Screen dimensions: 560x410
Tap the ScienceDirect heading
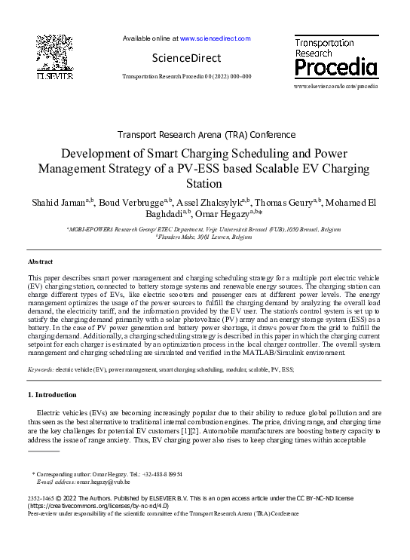pos(186,58)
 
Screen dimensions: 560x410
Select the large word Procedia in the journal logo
pos(335,69)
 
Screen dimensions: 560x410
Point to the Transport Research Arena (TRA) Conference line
pos(205,135)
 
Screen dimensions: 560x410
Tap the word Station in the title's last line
pos(205,184)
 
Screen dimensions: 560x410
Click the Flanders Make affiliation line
pos(205,236)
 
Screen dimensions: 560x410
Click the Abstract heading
pos(41,261)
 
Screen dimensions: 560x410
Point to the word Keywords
pos(40,370)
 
